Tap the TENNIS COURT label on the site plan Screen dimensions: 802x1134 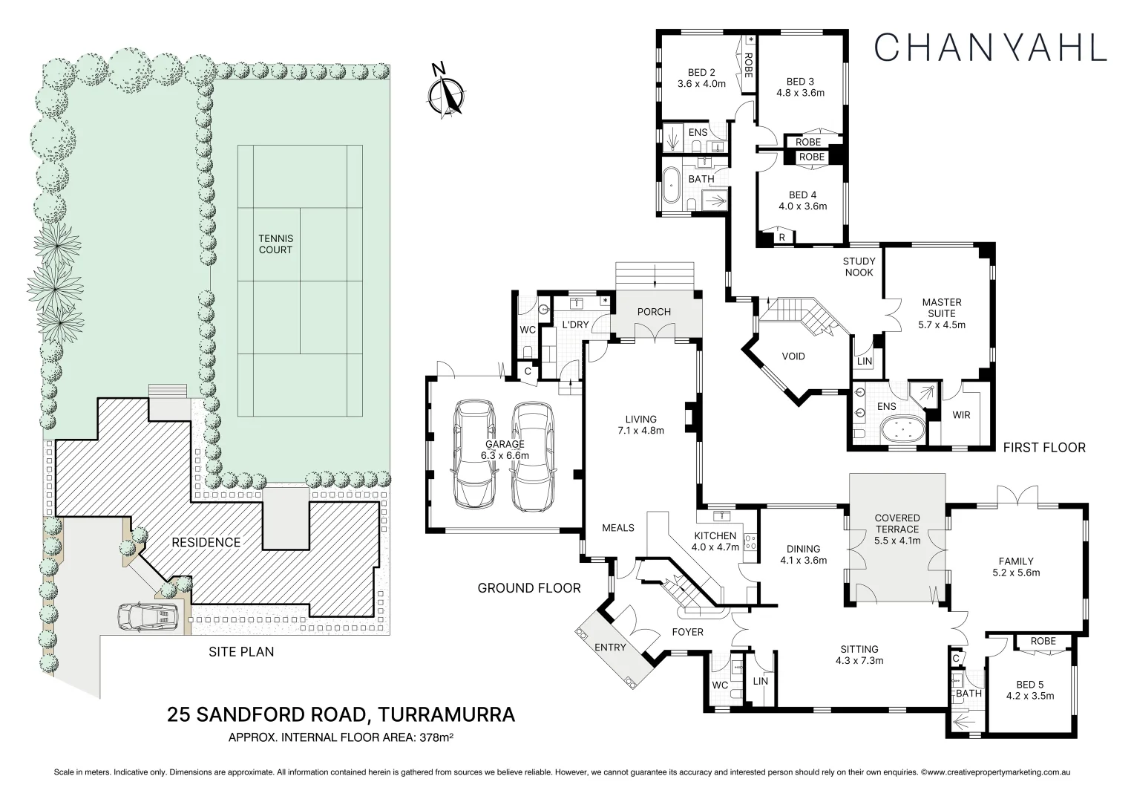click(x=275, y=244)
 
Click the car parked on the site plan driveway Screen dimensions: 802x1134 click(x=148, y=616)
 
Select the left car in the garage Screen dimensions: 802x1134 click(x=474, y=454)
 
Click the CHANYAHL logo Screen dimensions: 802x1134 click(x=990, y=47)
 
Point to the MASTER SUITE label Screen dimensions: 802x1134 click(x=941, y=307)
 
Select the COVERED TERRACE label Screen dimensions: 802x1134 click(x=897, y=529)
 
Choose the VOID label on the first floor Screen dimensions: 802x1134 click(x=793, y=356)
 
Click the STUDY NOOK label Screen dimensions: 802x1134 click(x=859, y=267)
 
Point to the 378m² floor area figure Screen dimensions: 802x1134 click(x=436, y=738)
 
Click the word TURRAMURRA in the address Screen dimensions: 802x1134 click(x=446, y=714)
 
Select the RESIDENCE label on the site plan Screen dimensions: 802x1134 click(x=206, y=542)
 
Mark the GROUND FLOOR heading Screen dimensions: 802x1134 click(x=528, y=588)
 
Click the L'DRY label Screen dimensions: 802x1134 click(x=574, y=325)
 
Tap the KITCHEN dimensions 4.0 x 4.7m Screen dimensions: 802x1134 click(x=716, y=547)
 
